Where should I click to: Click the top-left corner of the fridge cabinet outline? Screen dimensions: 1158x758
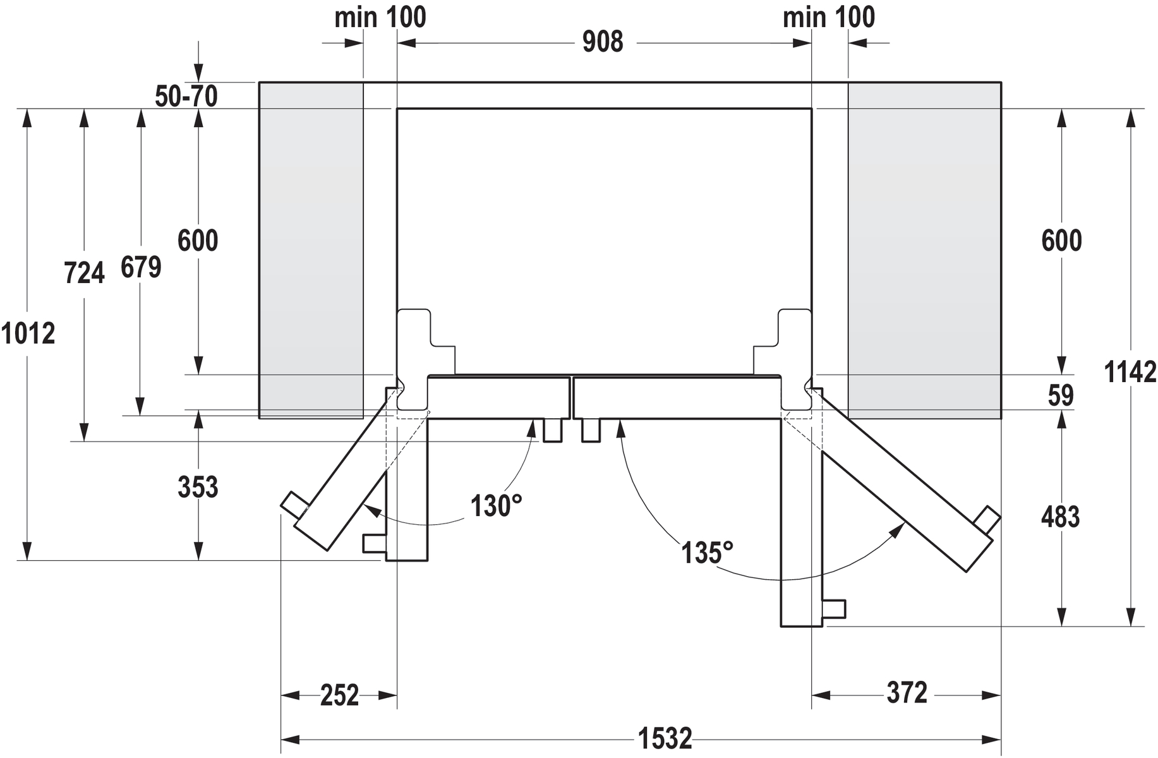coord(397,109)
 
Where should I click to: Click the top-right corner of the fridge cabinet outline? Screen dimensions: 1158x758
coord(811,109)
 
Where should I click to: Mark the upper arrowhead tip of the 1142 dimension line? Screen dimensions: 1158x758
coord(1131,109)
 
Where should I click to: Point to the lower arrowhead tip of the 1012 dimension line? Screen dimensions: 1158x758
coord(27,560)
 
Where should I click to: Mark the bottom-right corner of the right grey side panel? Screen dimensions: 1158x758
coord(1001,419)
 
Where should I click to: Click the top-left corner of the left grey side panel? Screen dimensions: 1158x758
coord(259,82)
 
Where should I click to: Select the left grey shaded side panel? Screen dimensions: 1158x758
coord(311,250)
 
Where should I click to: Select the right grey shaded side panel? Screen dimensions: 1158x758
coord(925,250)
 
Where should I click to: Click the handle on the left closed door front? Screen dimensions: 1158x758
coord(553,430)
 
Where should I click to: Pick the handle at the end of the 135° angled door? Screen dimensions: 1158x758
coord(987,519)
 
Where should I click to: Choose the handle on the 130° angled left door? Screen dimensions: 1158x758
coord(294,505)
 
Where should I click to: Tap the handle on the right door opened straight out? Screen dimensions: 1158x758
coord(834,609)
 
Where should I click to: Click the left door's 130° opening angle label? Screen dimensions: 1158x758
coord(497,507)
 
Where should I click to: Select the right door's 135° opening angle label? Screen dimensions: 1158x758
coord(707,553)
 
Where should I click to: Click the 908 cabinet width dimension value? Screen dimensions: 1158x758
coord(603,42)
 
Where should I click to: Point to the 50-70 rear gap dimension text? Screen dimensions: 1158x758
coord(186,96)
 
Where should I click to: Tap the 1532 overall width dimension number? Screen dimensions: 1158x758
coord(665,738)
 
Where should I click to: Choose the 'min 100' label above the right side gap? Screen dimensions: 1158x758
coord(829,17)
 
